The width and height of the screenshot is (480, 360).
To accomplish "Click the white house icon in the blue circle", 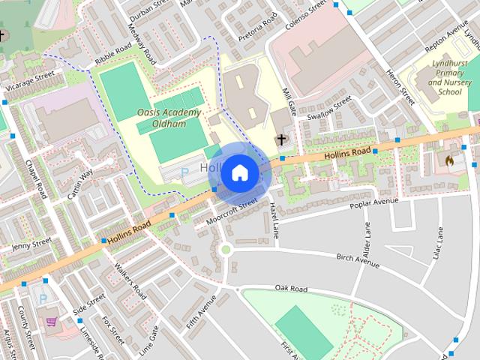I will (x=239, y=172).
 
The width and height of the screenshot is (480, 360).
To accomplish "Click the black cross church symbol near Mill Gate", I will (x=281, y=139).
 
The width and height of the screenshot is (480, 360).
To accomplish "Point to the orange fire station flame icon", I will (x=449, y=160).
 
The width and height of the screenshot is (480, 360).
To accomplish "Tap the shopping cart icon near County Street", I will (x=51, y=322).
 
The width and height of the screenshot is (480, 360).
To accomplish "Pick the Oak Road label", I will (x=291, y=288).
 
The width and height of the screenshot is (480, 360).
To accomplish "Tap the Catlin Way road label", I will (x=81, y=184).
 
